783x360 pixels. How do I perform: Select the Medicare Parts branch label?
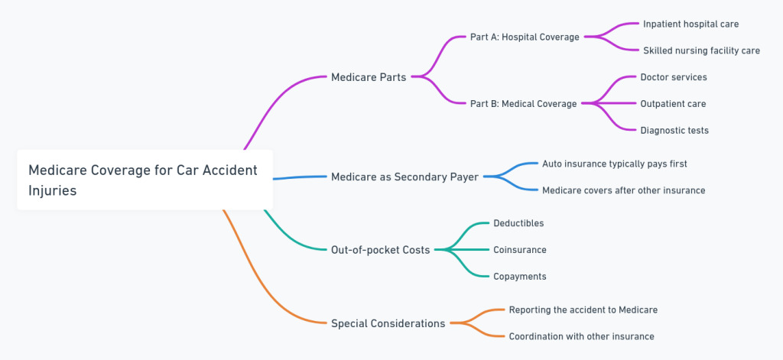(369, 77)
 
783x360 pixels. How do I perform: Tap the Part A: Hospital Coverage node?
(525, 37)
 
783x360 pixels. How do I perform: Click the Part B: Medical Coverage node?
(523, 104)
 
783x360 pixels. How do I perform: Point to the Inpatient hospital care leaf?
(690, 24)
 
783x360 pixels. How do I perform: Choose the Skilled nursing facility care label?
(701, 50)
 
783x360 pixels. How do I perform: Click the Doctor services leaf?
(673, 77)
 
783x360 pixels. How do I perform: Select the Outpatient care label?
(673, 104)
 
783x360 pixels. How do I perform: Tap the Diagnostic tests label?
(674, 131)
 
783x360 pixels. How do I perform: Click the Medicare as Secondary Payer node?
(404, 177)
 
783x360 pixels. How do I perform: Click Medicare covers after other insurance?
(623, 190)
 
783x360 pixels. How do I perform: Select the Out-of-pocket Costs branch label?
(380, 249)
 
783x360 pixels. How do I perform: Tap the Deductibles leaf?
(518, 223)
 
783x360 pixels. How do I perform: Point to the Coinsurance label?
(519, 250)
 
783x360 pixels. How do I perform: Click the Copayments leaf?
(519, 277)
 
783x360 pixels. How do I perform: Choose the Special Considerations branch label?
(388, 323)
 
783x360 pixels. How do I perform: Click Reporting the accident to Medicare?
(583, 310)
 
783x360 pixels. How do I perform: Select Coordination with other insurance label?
(581, 336)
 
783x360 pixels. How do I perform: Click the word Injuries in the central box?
(53, 190)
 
